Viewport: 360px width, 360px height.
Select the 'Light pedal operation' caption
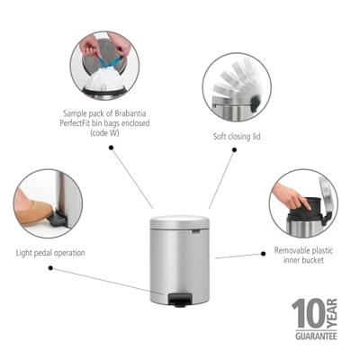(51, 253)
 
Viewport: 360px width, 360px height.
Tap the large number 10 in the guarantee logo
(306, 314)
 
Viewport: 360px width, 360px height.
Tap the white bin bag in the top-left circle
(104, 78)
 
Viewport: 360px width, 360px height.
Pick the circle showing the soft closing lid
(237, 88)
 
